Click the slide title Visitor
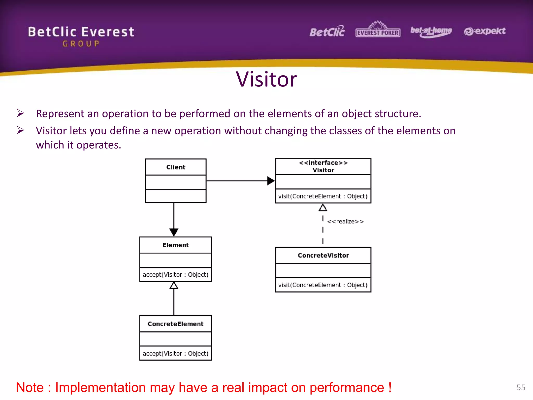tap(266, 79)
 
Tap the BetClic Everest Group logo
tap(81, 36)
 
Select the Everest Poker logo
tap(378, 30)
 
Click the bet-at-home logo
tap(431, 32)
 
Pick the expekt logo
tap(485, 31)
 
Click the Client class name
tap(176, 167)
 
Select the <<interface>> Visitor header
tap(323, 166)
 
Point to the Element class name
tap(175, 245)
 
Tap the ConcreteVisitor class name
tap(323, 255)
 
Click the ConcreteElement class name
tap(175, 324)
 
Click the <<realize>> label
tap(345, 222)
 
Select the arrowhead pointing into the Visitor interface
tap(271, 181)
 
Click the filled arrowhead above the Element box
tap(174, 232)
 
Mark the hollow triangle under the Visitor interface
tap(323, 208)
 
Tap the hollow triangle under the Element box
tap(174, 286)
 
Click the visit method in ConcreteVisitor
tap(323, 285)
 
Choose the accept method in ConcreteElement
tap(175, 354)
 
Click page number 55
tap(521, 387)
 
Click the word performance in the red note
tap(347, 388)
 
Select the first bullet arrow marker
tap(20, 113)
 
